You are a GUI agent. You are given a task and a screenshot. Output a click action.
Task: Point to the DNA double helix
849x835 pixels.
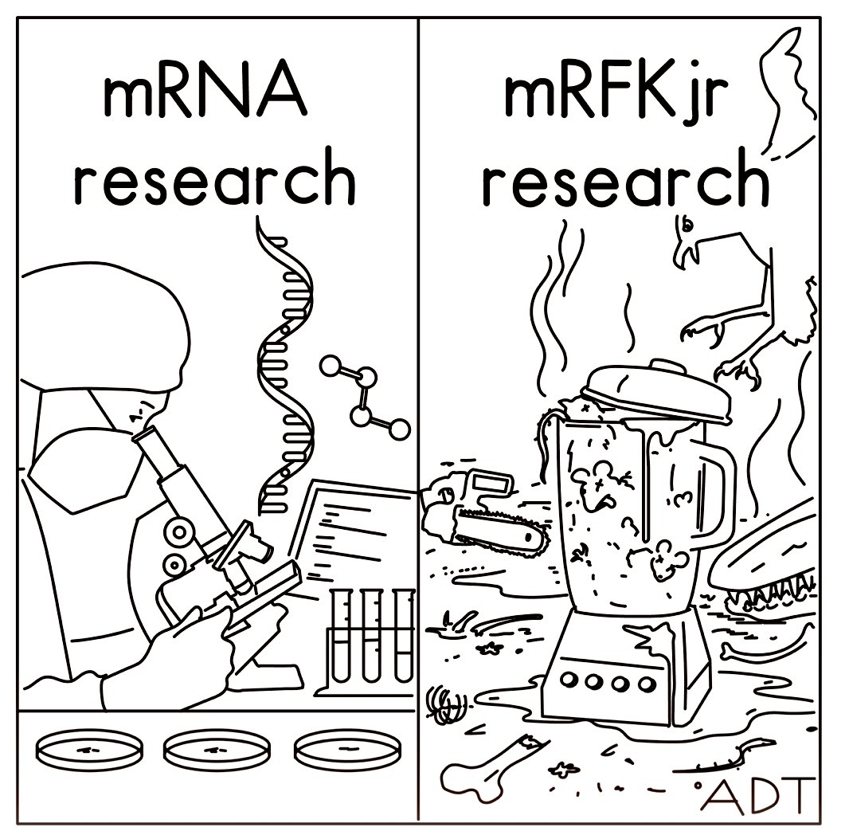283,367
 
